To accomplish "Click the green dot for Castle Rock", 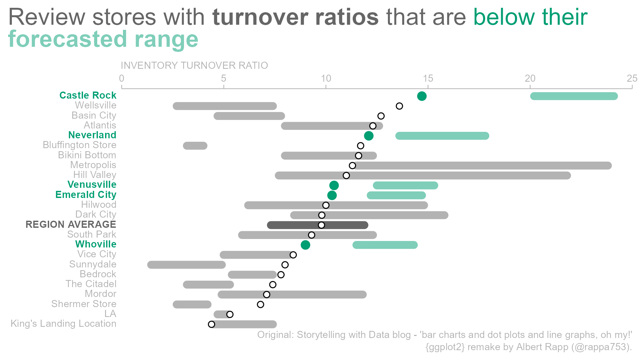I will (421, 96).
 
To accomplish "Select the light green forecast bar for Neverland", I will (442, 136).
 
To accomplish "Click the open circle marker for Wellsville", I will (399, 106).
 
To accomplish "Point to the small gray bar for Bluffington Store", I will (195, 146).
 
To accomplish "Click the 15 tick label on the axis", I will (428, 79).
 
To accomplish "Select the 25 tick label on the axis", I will (632, 79).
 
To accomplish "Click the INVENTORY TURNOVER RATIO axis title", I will (194, 65).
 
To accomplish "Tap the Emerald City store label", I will (86, 195).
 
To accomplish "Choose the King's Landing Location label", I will (63, 324).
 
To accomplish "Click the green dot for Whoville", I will (305, 245).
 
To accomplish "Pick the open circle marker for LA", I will (230, 314).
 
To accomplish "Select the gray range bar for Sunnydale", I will (186, 265).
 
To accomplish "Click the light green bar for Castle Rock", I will (574, 96).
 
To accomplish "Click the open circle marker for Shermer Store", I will (260, 304).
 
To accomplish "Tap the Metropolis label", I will (93, 165).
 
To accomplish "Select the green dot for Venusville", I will (334, 185).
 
